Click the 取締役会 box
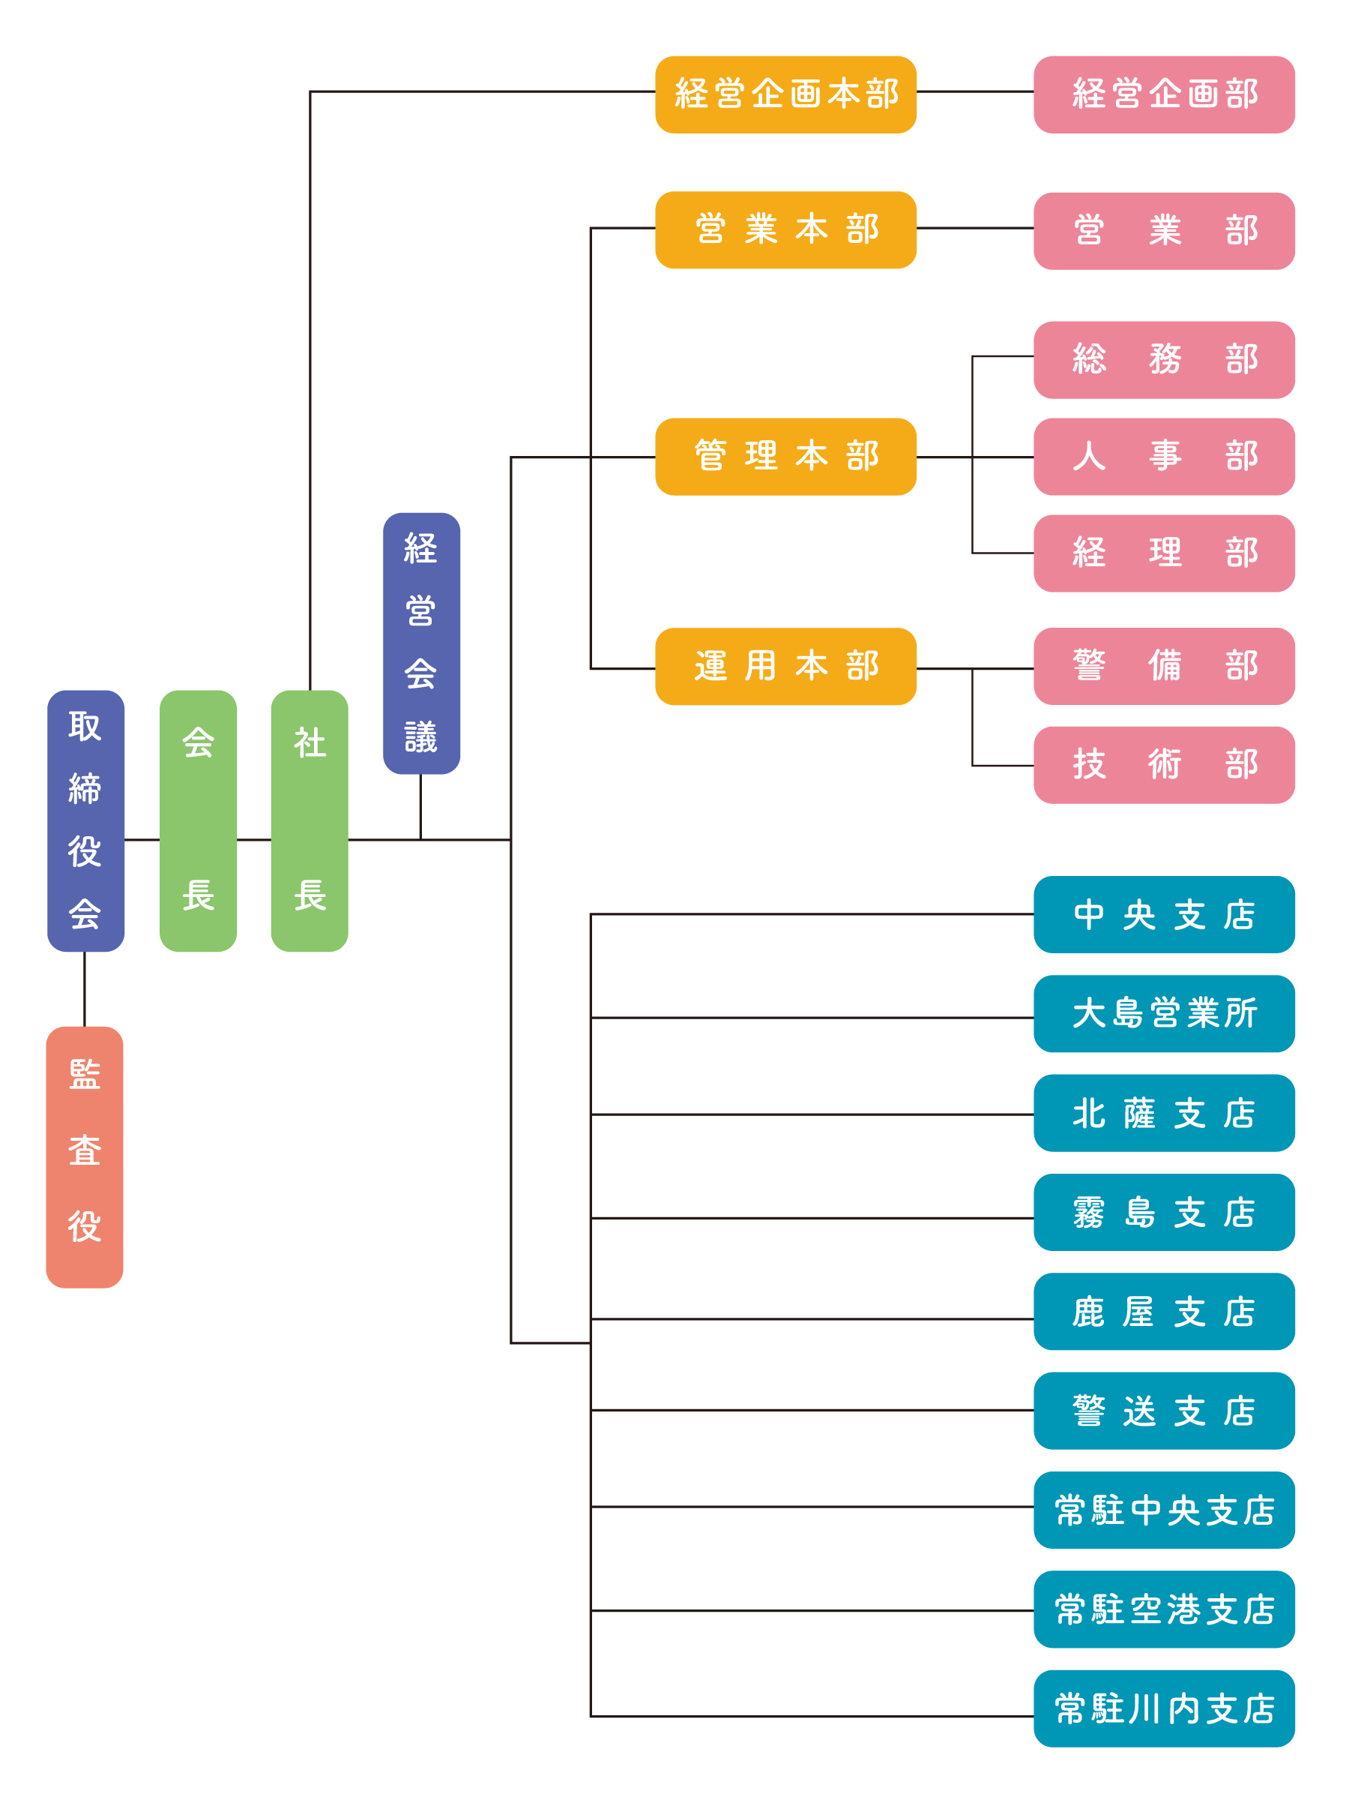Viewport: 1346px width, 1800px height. pos(85,820)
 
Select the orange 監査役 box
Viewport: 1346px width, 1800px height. pos(85,1156)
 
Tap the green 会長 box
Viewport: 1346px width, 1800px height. pos(198,820)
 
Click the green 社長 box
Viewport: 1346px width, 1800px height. pos(309,820)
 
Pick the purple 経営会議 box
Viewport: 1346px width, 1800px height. pos(421,643)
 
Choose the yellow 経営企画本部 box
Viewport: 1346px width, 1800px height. pos(785,94)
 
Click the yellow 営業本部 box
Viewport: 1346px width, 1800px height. pos(785,229)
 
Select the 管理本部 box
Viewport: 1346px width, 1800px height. pos(785,457)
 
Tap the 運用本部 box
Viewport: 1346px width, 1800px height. pos(785,666)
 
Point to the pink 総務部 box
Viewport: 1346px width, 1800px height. pos(1163,360)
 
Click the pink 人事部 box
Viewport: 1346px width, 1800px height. pos(1163,457)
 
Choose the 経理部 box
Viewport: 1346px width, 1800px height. pos(1163,553)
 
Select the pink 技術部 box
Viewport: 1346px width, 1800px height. pos(1163,765)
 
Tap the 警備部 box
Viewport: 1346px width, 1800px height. pos(1163,666)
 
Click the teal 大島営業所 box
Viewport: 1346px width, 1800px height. pos(1163,1013)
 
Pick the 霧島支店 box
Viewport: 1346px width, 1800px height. pos(1163,1212)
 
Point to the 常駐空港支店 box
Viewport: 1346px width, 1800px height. pos(1163,1609)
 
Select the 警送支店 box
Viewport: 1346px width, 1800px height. pos(1163,1410)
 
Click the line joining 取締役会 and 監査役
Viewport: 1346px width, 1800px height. pos(85,988)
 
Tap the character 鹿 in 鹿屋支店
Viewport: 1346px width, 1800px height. pos(1087,1312)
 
